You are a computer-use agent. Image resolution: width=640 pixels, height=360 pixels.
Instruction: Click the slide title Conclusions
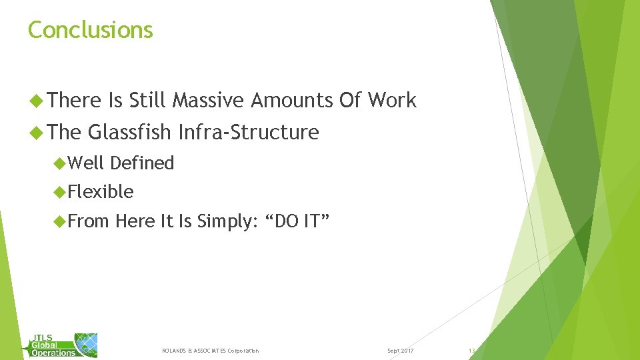(91, 30)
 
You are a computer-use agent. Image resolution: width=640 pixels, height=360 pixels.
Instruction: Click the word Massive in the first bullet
(208, 101)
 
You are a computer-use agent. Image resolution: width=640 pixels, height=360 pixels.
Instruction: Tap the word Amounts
(291, 101)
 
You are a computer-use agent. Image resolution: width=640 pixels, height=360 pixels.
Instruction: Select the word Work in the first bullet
(392, 101)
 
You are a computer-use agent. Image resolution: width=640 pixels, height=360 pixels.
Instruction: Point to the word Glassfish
(129, 132)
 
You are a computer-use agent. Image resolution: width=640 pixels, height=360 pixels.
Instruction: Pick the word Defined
(142, 163)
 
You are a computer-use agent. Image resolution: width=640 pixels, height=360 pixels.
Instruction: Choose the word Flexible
(101, 192)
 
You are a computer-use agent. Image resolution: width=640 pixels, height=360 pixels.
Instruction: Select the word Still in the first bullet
(147, 101)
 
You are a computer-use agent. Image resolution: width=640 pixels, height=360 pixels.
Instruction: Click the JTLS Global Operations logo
(63, 345)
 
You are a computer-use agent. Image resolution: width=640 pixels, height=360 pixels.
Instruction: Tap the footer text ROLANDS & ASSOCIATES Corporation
(210, 351)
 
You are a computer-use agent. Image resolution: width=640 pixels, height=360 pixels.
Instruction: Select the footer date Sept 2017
(400, 351)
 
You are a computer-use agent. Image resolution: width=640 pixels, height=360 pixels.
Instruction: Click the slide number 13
(471, 351)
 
